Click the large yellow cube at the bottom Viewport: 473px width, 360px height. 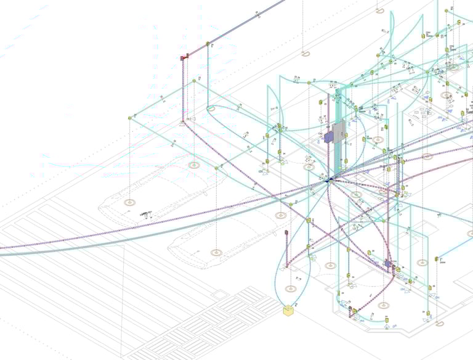[288, 311]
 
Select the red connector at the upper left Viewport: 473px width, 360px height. [183, 57]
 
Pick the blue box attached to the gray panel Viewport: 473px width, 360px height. [328, 137]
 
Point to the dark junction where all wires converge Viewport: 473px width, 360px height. [328, 180]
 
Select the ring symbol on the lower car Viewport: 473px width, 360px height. [216, 253]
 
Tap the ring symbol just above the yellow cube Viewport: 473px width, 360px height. [289, 288]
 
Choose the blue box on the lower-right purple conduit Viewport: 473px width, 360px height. [387, 263]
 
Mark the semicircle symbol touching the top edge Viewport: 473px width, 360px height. [380, 9]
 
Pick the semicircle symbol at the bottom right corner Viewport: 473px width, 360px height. [439, 324]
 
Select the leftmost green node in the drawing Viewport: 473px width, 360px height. [130, 117]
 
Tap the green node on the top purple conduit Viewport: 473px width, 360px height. [208, 44]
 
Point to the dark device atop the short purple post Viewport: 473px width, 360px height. [286, 232]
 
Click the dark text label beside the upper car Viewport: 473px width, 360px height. [148, 214]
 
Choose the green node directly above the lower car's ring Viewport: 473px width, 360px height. [216, 168]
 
